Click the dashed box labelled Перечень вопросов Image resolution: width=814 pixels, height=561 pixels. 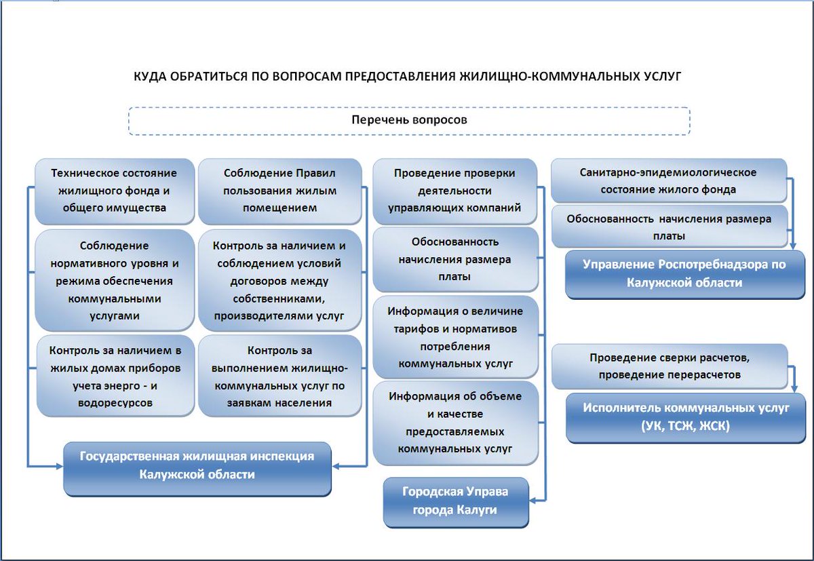click(x=409, y=121)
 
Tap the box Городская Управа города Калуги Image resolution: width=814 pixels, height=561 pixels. click(x=455, y=501)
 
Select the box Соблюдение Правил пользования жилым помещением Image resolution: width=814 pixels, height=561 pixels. click(x=279, y=191)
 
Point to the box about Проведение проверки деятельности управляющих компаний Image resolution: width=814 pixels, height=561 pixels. click(x=454, y=191)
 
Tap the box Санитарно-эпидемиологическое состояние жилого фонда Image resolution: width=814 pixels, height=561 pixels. click(x=668, y=181)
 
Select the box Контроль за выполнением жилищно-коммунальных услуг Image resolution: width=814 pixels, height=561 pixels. click(x=279, y=375)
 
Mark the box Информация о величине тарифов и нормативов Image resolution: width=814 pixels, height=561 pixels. click(x=455, y=336)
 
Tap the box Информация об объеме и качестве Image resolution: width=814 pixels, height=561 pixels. click(x=455, y=422)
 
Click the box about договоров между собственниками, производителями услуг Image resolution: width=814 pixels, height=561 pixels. click(x=279, y=280)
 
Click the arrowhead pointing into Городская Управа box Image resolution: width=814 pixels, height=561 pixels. click(x=532, y=500)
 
